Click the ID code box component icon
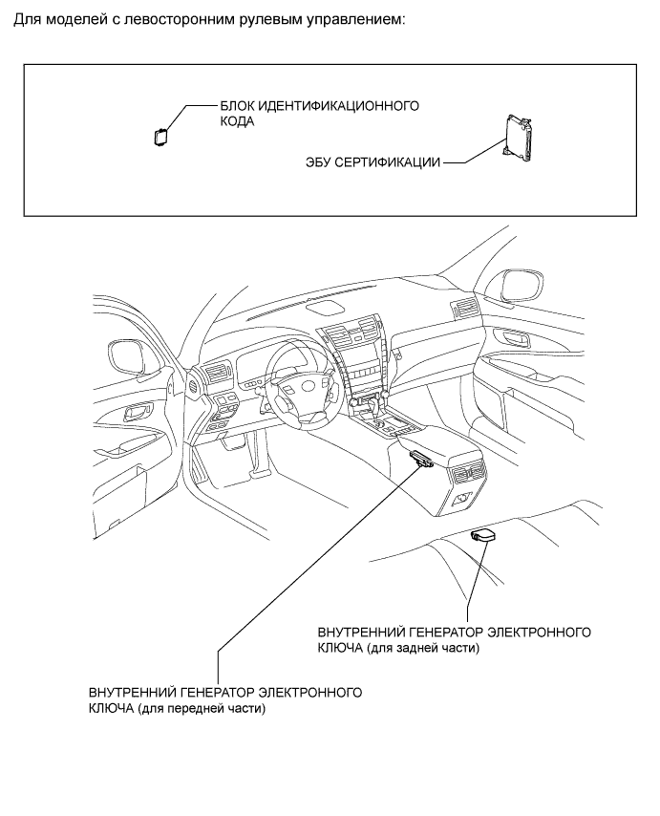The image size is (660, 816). [x=160, y=135]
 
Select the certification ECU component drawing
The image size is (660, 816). [x=517, y=138]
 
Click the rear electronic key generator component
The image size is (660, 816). [x=482, y=537]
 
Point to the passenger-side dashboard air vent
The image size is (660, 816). [x=467, y=308]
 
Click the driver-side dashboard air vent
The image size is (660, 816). [x=216, y=374]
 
